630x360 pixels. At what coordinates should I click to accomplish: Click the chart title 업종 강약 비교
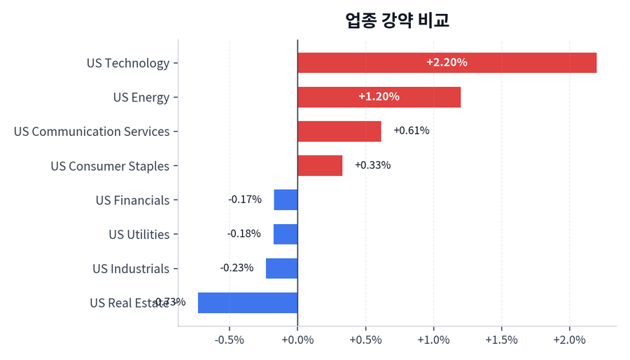point(397,20)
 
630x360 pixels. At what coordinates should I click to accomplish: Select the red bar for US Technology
point(447,63)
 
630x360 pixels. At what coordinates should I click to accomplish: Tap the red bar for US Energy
point(379,97)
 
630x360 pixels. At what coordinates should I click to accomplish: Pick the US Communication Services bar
point(339,132)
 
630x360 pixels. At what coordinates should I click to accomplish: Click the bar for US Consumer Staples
point(320,166)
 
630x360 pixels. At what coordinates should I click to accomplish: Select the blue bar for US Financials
point(286,200)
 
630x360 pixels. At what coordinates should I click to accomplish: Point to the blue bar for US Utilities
point(286,234)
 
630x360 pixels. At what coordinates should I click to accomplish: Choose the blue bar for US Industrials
point(281,268)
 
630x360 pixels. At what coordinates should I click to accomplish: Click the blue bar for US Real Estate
point(248,303)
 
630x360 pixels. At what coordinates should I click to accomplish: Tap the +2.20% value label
point(447,62)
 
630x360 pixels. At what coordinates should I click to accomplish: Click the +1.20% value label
point(379,97)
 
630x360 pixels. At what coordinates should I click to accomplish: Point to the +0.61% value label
point(412,131)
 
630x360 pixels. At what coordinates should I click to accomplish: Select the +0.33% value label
point(373,165)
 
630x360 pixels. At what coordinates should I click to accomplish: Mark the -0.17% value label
point(245,200)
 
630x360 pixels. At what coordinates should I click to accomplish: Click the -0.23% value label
point(237,268)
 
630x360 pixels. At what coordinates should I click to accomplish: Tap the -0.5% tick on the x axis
point(230,340)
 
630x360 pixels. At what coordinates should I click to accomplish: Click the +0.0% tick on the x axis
point(297,340)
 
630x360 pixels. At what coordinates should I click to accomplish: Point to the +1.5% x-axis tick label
point(501,340)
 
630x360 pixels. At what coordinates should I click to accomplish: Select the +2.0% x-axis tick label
point(569,340)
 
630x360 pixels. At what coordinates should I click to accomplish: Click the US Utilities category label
point(139,235)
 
